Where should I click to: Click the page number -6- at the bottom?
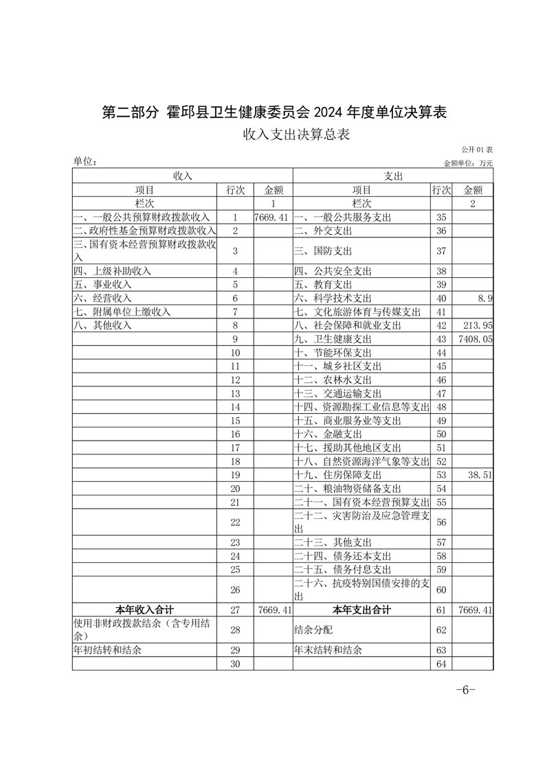(465, 690)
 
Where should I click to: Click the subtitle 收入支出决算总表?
(296, 135)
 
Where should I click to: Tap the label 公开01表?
(477, 150)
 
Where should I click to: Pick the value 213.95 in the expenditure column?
(478, 325)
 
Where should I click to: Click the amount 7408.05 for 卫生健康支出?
(476, 339)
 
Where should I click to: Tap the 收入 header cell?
(182, 176)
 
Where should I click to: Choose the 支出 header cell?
(393, 176)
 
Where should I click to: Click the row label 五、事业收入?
(102, 285)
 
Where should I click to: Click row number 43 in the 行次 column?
(441, 339)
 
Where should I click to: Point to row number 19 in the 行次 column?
(236, 475)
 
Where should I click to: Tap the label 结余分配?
(313, 630)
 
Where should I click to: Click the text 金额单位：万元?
(469, 163)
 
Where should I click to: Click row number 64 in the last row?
(441, 664)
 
